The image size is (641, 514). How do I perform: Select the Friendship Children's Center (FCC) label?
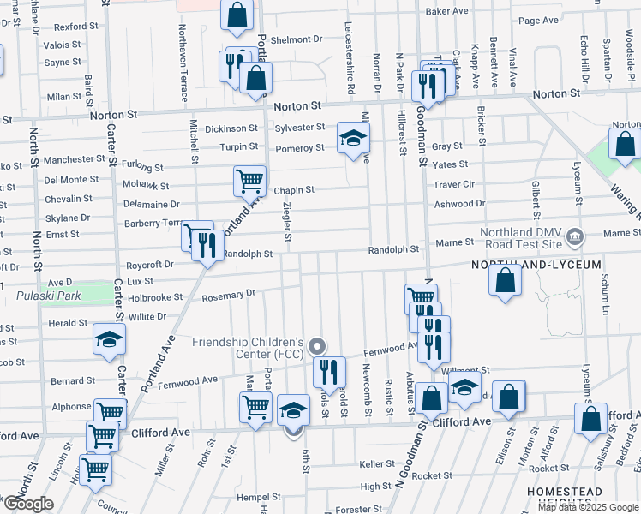[x=248, y=348]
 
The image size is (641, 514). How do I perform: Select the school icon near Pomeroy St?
[x=352, y=137]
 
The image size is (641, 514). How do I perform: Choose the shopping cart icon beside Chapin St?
[x=249, y=180]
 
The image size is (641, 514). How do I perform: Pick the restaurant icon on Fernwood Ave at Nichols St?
[x=329, y=371]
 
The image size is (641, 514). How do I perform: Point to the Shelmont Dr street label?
[x=296, y=39]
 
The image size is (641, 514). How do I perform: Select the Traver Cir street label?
[x=454, y=184]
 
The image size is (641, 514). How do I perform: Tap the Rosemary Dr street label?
[x=229, y=294]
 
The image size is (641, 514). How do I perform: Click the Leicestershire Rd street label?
[x=350, y=58]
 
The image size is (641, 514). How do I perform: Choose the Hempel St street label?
[x=259, y=496]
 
